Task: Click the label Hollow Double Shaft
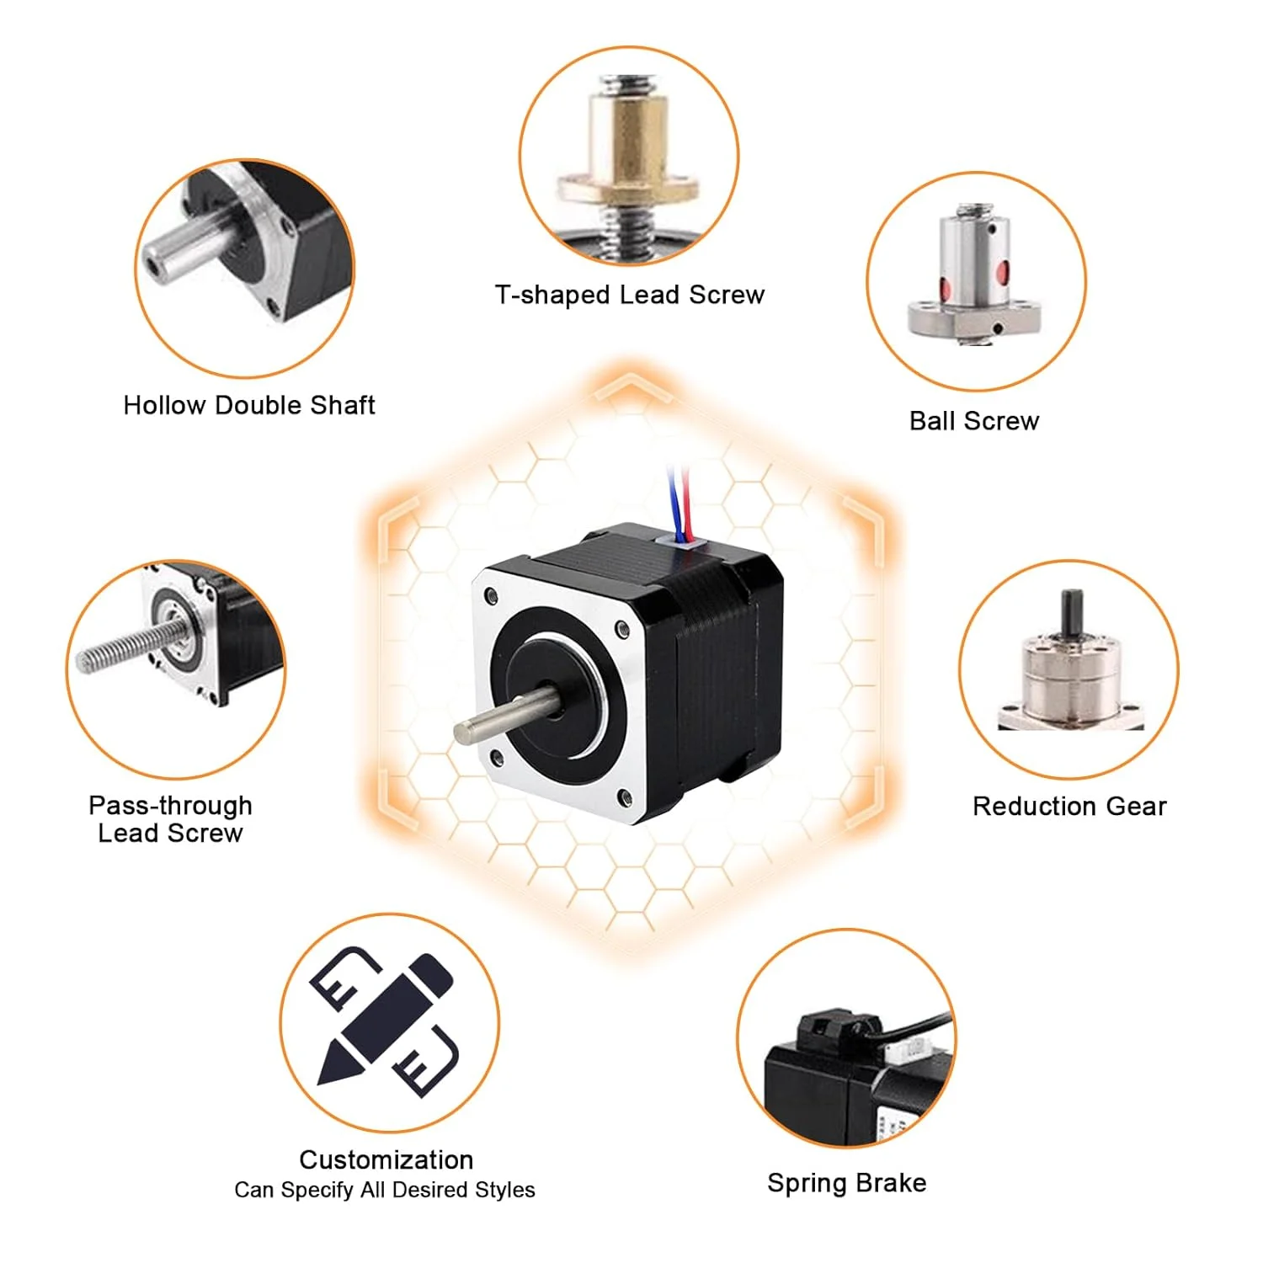[248, 405]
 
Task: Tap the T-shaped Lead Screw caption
[630, 295]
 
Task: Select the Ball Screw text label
[974, 420]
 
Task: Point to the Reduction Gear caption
[1069, 806]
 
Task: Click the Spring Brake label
[847, 1183]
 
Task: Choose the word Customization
[386, 1159]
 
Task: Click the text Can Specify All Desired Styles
[385, 1190]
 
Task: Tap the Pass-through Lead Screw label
[170, 819]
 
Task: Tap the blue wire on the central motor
[673, 500]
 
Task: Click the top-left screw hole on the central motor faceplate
[491, 598]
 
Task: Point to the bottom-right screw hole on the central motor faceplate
[624, 797]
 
